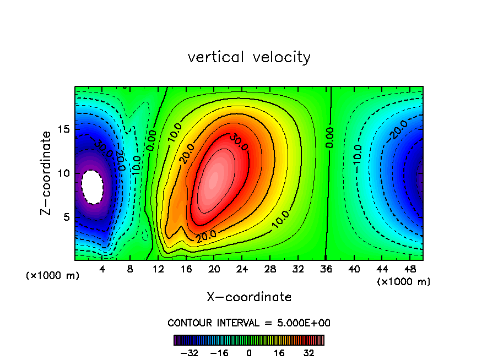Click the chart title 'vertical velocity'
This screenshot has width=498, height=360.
pos(249,57)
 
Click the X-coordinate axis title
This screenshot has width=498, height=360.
pos(249,297)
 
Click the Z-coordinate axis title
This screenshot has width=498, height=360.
pos(47,173)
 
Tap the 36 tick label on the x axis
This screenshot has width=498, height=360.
pos(326,270)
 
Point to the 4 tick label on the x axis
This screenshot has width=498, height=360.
pos(102,270)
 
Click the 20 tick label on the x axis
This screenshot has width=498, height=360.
pos(214,270)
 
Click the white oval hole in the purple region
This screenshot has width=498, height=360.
pos(92,187)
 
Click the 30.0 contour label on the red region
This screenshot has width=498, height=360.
pos(239,141)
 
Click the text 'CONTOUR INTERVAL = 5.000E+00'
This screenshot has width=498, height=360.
pos(249,323)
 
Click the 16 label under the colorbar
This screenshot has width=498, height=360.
pos(279,353)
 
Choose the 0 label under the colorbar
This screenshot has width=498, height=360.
pos(249,353)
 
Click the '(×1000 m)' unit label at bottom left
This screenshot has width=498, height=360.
pos(53,276)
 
